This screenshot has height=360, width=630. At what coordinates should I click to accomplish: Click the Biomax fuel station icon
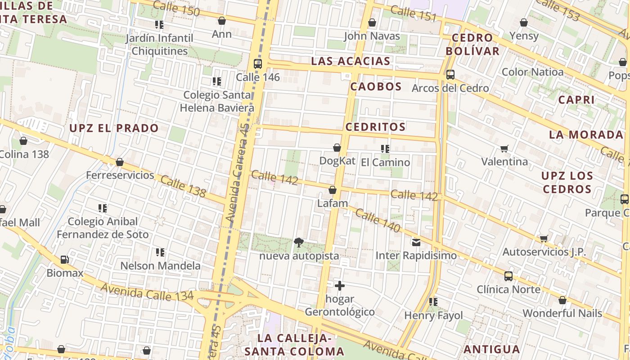(65, 260)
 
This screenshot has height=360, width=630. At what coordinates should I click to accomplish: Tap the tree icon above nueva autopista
(298, 243)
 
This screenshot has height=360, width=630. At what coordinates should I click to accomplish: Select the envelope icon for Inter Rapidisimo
(416, 243)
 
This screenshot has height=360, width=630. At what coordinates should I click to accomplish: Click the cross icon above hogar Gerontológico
(340, 286)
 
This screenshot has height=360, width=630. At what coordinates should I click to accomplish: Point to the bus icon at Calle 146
(258, 64)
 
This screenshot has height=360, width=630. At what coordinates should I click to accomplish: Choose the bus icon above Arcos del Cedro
(450, 75)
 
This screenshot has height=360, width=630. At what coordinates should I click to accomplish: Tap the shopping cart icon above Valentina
(504, 148)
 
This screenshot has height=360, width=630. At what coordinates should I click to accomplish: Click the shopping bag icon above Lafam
(333, 190)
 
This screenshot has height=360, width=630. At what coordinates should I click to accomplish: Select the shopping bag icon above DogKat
(337, 148)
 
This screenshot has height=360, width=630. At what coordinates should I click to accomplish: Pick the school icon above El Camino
(385, 148)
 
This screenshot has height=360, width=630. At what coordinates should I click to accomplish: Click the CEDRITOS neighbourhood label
(375, 127)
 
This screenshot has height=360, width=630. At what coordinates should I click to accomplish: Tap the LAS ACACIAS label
(351, 61)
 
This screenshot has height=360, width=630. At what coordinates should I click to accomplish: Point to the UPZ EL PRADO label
(114, 128)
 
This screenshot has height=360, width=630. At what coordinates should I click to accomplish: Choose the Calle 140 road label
(377, 220)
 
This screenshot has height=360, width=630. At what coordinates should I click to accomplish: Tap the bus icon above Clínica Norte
(508, 276)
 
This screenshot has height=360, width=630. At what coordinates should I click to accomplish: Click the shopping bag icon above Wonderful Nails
(562, 300)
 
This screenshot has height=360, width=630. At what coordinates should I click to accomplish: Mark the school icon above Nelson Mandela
(160, 253)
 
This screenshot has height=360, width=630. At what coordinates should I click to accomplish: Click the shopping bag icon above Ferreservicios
(120, 162)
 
